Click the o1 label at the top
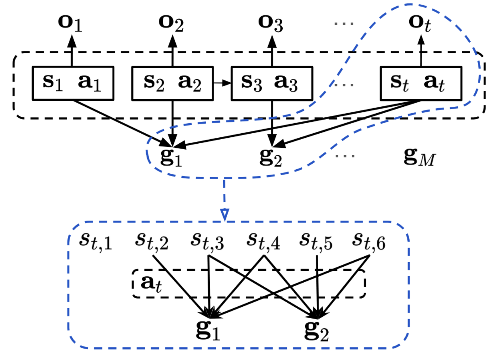pyautogui.click(x=70, y=23)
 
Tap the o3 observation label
pyautogui.click(x=270, y=23)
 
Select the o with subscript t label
pyautogui.click(x=420, y=24)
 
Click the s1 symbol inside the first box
pyautogui.click(x=53, y=83)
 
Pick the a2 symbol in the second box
pyautogui.click(x=190, y=83)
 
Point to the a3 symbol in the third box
pyautogui.click(x=286, y=83)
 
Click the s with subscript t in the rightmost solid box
pyautogui.click(x=400, y=83)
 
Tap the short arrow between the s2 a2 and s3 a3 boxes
pyautogui.click(x=222, y=83)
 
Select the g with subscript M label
pyautogui.click(x=420, y=157)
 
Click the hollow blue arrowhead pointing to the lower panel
pyautogui.click(x=225, y=215)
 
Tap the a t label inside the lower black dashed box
pyautogui.click(x=151, y=284)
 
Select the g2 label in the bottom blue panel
pyautogui.click(x=317, y=331)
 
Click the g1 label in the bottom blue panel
pyautogui.click(x=208, y=330)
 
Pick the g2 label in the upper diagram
pyautogui.click(x=270, y=158)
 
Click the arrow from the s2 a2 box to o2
pyautogui.click(x=172, y=51)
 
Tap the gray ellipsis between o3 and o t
pyautogui.click(x=344, y=23)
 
